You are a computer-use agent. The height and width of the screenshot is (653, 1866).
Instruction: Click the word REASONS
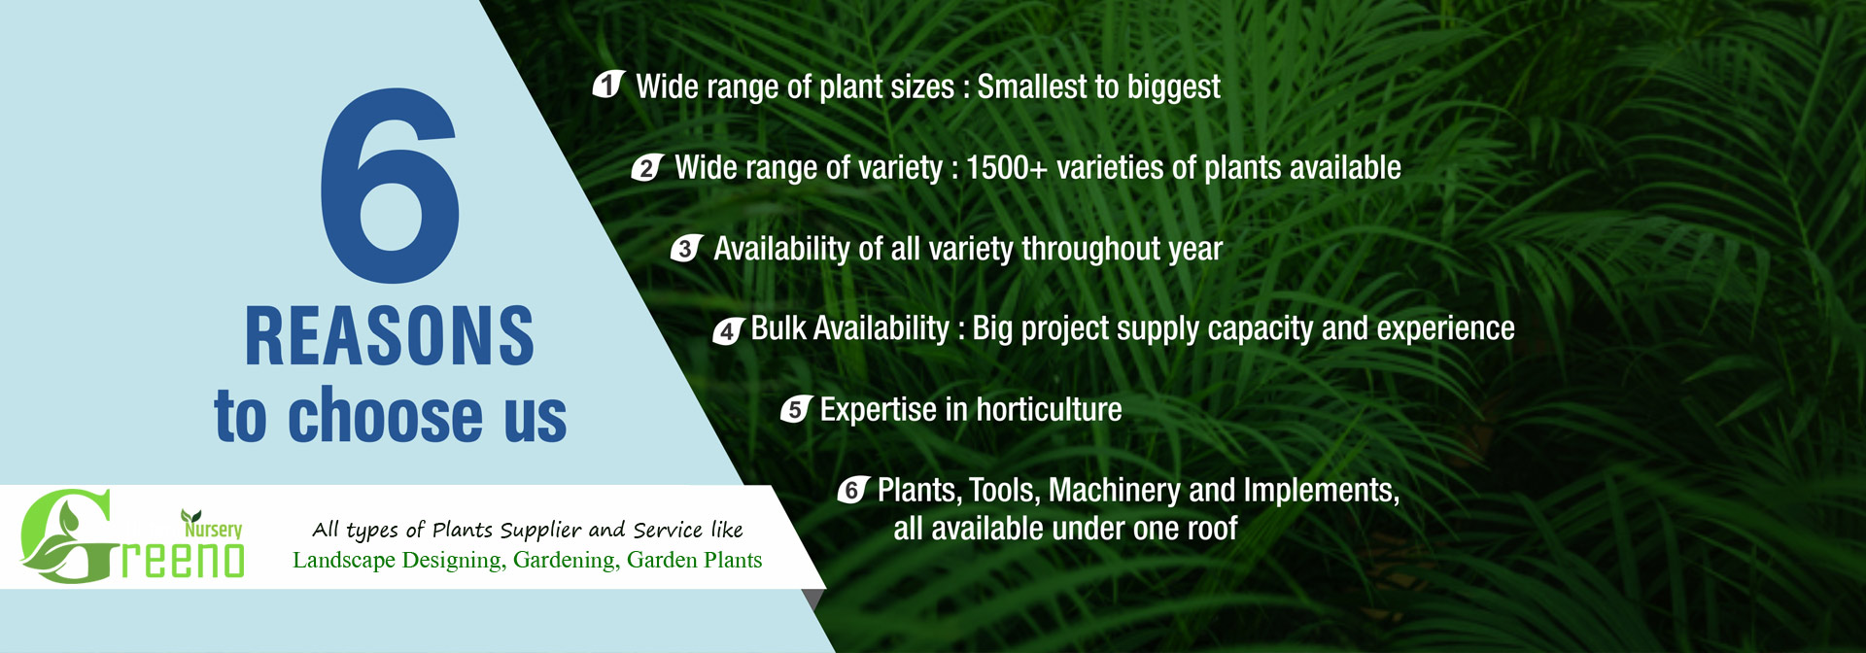point(390,336)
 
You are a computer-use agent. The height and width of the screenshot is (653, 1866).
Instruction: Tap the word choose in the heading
point(385,415)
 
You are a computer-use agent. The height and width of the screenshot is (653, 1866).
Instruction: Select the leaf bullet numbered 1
point(608,85)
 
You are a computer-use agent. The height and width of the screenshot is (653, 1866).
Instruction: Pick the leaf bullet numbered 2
point(647,167)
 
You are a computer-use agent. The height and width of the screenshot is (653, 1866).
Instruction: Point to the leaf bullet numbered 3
point(686,248)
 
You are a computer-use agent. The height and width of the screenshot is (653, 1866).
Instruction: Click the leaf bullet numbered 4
point(728,330)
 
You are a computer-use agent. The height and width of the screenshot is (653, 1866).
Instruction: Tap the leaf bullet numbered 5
point(796,409)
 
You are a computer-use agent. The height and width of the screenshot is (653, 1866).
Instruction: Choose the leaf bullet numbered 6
point(852,490)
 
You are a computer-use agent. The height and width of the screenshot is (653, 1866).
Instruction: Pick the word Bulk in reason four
point(778,328)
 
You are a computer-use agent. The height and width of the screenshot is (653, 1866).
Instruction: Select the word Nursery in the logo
point(213,529)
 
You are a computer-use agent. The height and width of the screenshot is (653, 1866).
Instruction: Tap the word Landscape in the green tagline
point(344,560)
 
